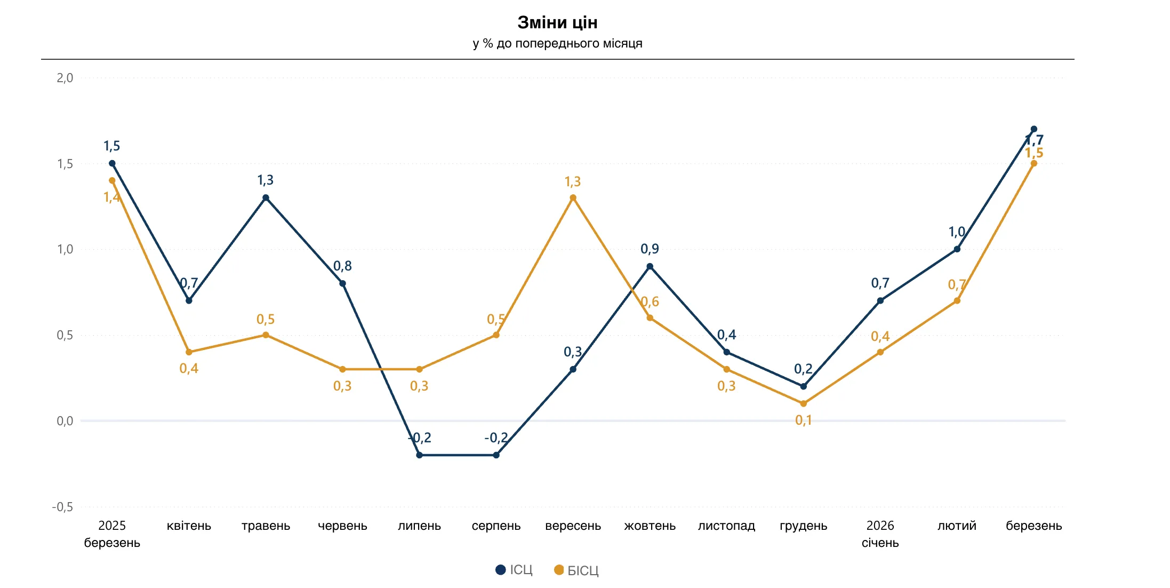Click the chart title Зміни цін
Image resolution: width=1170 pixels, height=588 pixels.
(x=557, y=22)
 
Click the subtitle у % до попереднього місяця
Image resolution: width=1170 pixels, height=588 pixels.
(x=557, y=43)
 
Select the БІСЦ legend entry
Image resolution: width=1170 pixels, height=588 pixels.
(x=576, y=570)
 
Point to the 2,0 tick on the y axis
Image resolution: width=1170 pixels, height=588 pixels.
(x=65, y=78)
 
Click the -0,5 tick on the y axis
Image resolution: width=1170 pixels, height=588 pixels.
(x=62, y=507)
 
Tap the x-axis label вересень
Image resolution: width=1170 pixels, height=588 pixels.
(x=573, y=526)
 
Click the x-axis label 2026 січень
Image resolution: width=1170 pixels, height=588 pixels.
(x=880, y=534)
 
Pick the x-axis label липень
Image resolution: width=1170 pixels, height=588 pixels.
(x=419, y=526)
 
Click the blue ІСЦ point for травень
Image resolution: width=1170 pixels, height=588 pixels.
(x=266, y=198)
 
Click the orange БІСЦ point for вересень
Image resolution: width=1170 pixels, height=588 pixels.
(x=573, y=198)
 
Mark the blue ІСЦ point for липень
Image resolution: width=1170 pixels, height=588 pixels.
(x=419, y=455)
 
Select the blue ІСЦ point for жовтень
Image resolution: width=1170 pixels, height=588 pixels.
(x=650, y=266)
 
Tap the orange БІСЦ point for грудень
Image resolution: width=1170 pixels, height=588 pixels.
(x=803, y=403)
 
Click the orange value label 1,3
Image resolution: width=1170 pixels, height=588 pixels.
(x=572, y=182)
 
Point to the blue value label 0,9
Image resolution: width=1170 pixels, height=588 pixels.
(x=650, y=249)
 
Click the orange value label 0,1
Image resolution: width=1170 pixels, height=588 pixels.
(x=803, y=420)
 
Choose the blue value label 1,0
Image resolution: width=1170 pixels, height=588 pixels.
(x=956, y=232)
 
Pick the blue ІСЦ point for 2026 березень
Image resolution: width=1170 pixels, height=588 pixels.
(x=1033, y=129)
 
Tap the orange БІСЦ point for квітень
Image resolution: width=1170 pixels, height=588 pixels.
(x=189, y=352)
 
